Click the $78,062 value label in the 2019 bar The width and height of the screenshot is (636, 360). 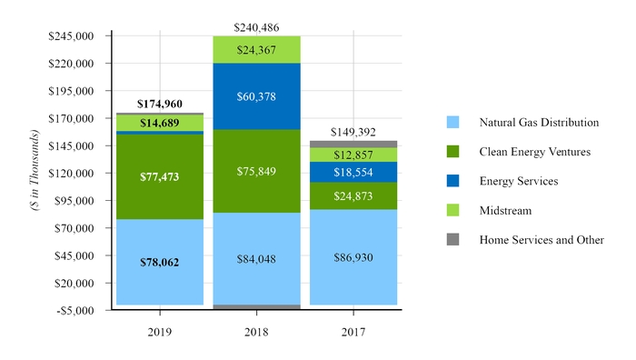159,262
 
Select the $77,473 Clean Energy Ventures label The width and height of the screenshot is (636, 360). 159,175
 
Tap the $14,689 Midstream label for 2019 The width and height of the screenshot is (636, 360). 159,122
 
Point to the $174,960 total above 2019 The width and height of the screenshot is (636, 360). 159,105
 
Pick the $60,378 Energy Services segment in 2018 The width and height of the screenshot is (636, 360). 256,96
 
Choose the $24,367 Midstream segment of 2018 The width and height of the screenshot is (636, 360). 256,50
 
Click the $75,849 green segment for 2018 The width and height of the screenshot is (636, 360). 256,171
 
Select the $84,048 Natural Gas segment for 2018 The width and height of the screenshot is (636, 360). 256,258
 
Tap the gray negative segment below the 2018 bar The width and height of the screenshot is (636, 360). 256,307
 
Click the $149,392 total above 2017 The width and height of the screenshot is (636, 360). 353,132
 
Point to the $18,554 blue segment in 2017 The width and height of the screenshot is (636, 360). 353,172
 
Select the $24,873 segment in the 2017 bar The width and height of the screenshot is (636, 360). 353,195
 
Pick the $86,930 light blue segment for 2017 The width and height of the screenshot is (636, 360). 353,257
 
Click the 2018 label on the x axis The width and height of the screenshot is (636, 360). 256,332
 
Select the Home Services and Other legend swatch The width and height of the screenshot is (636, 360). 452,240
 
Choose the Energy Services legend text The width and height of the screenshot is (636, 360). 518,181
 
